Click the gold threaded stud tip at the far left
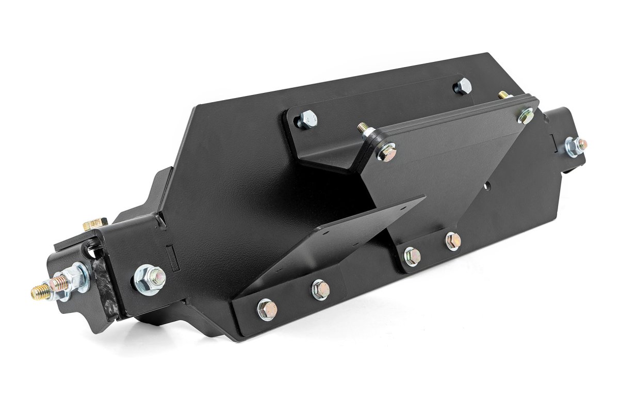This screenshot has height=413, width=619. [x=40, y=293]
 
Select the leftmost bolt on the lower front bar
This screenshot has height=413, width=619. [x=267, y=309]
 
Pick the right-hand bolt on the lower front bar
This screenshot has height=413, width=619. [x=320, y=289]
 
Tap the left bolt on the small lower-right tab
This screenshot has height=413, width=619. [x=412, y=256]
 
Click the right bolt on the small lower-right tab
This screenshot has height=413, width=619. [x=452, y=241]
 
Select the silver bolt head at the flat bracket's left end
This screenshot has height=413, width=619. [x=307, y=119]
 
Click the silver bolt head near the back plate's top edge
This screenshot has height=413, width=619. [x=463, y=86]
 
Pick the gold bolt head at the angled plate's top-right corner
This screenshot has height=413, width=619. [x=526, y=116]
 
